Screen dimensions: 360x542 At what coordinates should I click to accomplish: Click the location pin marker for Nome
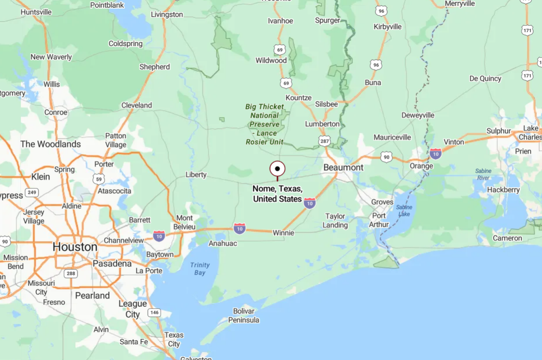point(277,169)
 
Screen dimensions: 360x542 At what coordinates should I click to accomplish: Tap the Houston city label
point(75,247)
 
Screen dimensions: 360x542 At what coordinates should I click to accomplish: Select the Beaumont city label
point(343,168)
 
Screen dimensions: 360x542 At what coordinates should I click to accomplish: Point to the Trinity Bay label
point(200,269)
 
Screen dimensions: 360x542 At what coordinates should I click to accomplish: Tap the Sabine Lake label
point(404,210)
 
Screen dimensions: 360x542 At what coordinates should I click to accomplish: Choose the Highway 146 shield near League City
point(154,313)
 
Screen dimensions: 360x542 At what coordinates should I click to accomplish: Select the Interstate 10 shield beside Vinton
point(435,154)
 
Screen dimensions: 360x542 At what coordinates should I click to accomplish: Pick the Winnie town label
point(283,233)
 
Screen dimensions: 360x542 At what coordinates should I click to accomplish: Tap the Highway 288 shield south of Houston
point(70,273)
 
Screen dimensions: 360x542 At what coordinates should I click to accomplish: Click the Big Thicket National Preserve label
point(265,124)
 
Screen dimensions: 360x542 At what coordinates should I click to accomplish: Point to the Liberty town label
point(196,175)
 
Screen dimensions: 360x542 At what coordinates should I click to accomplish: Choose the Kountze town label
point(299,98)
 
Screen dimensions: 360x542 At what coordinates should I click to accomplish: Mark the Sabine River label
point(483,174)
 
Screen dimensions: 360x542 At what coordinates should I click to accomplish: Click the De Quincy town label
point(485,79)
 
